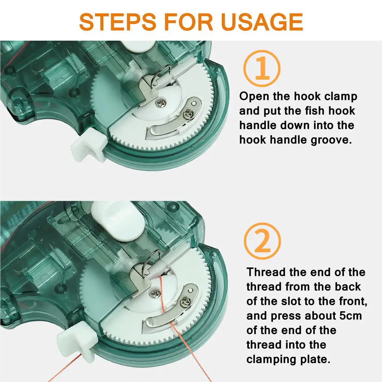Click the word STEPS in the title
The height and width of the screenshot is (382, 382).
(x=118, y=22)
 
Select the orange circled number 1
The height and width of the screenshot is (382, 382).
(x=262, y=69)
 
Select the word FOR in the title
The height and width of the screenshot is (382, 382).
(x=189, y=22)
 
